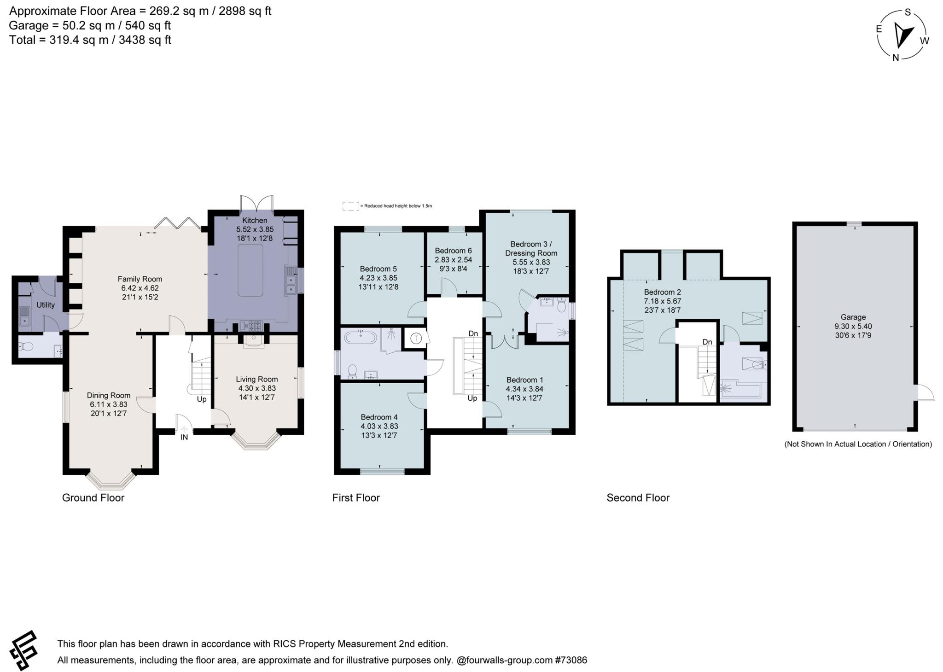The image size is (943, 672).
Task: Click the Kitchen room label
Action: click(x=255, y=220)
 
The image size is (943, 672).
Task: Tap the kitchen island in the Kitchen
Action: click(x=250, y=270)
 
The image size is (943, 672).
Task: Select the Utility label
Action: click(x=46, y=305)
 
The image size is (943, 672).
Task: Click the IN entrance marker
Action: click(x=184, y=437)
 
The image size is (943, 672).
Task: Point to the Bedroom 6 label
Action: click(x=453, y=251)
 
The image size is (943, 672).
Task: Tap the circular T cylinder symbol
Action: click(x=416, y=339)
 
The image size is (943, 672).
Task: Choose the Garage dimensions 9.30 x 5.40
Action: click(x=853, y=326)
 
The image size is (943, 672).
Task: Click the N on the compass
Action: click(x=896, y=58)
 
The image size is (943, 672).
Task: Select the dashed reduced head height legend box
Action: click(x=350, y=206)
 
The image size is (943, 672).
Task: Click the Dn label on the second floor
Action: click(x=707, y=342)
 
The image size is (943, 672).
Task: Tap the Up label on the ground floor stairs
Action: click(x=201, y=399)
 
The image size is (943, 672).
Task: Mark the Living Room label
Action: click(x=256, y=379)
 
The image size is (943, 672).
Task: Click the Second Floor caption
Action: click(x=638, y=497)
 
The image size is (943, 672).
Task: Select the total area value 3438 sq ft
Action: click(x=145, y=40)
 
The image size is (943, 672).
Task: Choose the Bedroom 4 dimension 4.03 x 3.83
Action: click(x=379, y=426)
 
